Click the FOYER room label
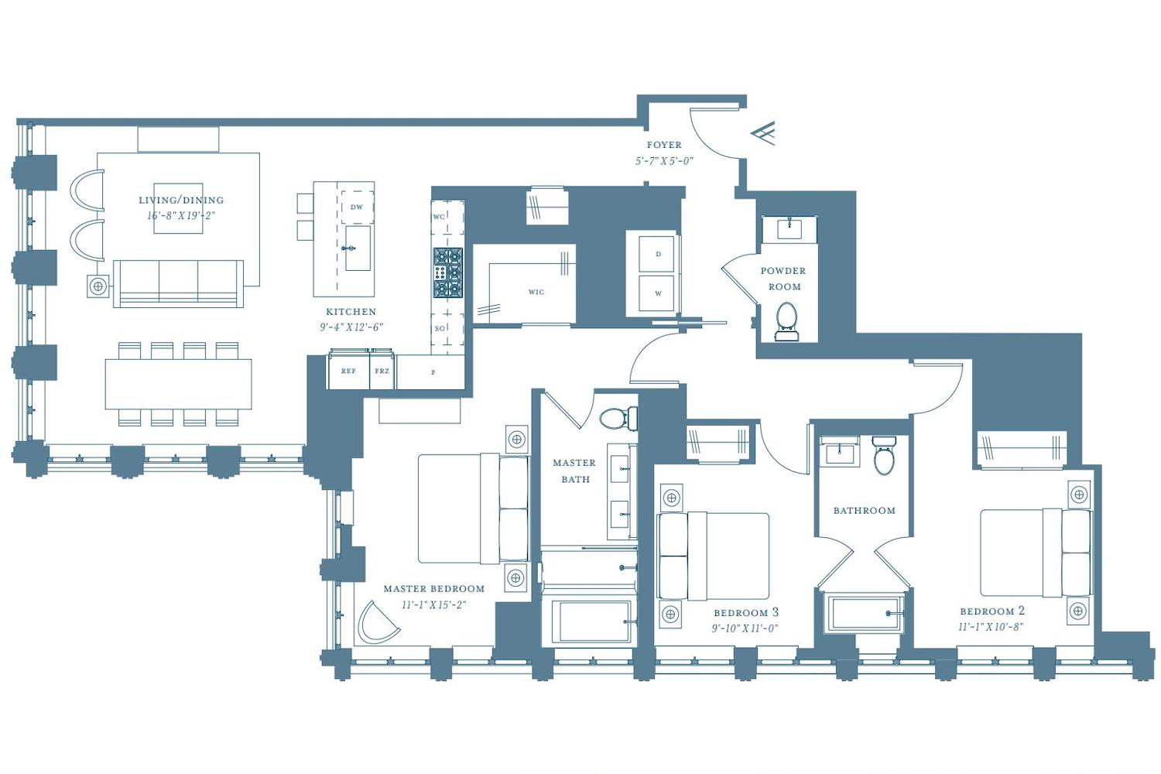664,145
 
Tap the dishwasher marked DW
357,207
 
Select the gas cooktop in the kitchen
448,272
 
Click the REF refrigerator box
348,370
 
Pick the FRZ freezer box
382,370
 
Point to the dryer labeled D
658,254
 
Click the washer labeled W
658,293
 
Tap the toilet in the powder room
786,322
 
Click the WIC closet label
536,292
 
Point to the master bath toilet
619,418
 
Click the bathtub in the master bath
589,622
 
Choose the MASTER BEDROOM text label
433,588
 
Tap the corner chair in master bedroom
378,622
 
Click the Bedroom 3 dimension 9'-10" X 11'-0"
745,628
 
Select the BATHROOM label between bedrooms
864,511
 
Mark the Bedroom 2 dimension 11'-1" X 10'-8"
991,627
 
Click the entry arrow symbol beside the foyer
763,133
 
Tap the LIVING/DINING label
181,200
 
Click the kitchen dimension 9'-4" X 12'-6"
351,327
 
